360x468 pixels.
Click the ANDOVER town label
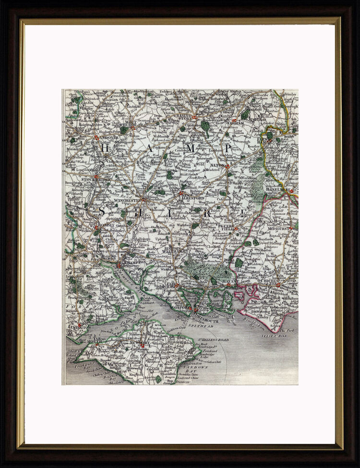pos(109,137)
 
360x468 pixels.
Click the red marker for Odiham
pos(234,120)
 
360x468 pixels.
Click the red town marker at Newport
pos(143,344)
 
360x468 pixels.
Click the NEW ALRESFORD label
pos(192,197)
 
